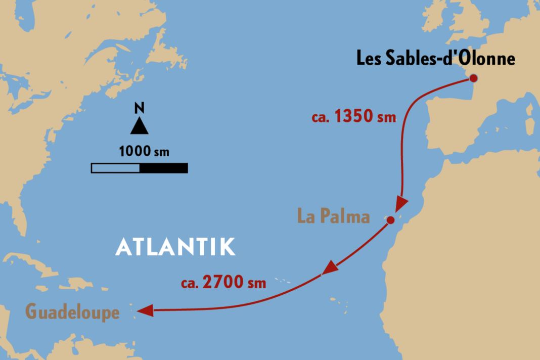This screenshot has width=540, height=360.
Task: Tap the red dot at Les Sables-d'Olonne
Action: [x=473, y=78]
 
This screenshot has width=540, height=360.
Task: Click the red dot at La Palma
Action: [x=390, y=220]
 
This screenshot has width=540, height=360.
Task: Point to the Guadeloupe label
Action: [x=72, y=312]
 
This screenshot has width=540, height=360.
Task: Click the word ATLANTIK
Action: [x=175, y=247]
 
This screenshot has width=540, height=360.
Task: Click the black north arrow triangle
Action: [x=139, y=126]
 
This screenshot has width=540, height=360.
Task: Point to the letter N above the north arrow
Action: [x=139, y=108]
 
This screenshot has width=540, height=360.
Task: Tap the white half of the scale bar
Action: [x=115, y=168]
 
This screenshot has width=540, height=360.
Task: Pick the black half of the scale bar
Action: [x=163, y=168]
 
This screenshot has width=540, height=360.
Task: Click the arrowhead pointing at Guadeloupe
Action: [x=145, y=311]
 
